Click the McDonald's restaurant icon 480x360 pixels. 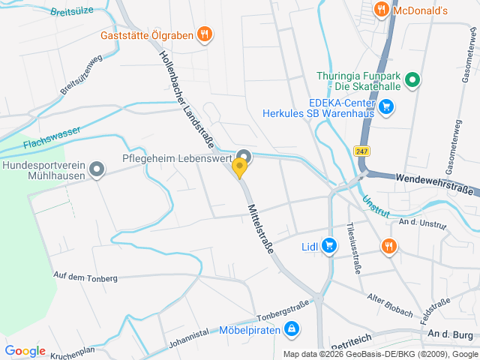(x=381, y=10)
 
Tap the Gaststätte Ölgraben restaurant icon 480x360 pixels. (x=204, y=34)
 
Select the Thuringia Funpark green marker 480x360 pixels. (x=412, y=79)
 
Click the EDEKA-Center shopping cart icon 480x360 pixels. (x=386, y=106)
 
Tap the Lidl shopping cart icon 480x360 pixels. (x=328, y=245)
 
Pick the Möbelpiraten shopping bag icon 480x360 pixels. (x=293, y=328)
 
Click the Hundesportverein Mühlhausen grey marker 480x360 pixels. (x=96, y=170)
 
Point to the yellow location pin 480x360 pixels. (x=240, y=169)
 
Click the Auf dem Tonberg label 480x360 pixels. (x=85, y=277)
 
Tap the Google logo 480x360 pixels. (x=25, y=351)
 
